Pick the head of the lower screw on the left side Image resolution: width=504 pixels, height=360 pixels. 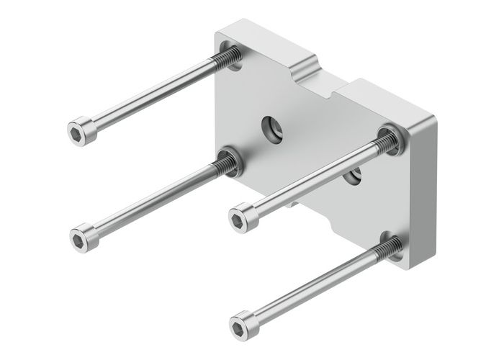[x=83, y=235]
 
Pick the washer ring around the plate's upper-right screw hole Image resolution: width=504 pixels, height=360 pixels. [x=390, y=138]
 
